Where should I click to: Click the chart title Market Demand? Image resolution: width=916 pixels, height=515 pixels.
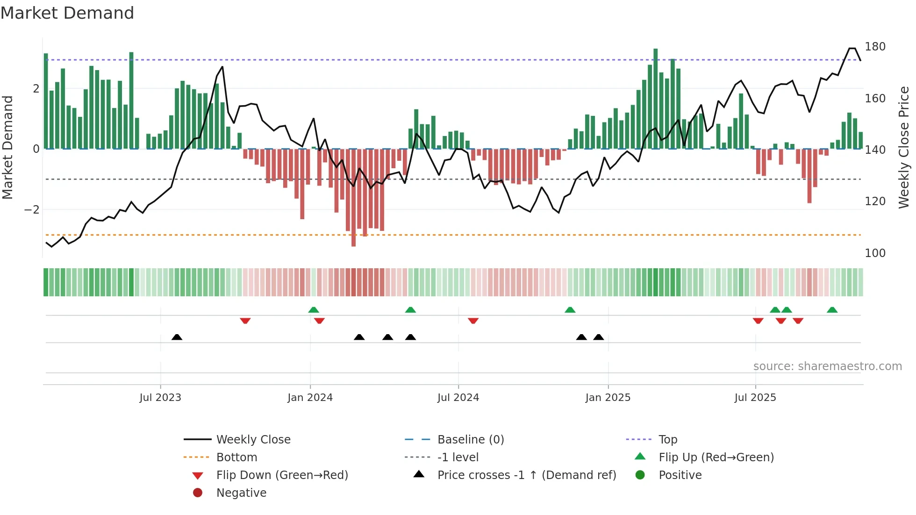(x=67, y=13)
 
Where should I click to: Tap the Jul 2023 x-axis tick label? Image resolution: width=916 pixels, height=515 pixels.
(x=160, y=398)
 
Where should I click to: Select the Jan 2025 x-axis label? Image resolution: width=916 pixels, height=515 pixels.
(x=608, y=398)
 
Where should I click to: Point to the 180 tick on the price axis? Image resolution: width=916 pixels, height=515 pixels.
(x=875, y=47)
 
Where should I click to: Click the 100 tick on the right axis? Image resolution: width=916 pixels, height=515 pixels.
(x=875, y=253)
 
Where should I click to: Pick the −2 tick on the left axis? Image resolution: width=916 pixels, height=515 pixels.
(x=32, y=210)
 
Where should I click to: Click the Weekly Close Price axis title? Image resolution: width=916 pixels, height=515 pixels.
(x=904, y=147)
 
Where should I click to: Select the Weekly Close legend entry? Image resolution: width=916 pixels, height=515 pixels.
(x=253, y=440)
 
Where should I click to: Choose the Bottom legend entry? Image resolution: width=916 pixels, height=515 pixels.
(x=236, y=458)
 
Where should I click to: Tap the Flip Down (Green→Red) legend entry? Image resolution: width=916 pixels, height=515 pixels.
(x=282, y=475)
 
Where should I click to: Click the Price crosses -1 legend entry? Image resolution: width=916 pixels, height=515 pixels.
(x=526, y=475)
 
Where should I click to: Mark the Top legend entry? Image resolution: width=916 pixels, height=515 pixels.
(x=668, y=440)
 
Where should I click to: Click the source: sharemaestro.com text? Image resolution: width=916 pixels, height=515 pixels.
(x=827, y=366)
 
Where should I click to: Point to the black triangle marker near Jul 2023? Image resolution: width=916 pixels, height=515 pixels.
(x=177, y=337)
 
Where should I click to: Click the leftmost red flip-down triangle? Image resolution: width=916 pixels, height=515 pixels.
(x=245, y=321)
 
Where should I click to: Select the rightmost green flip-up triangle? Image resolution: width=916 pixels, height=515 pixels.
(x=832, y=310)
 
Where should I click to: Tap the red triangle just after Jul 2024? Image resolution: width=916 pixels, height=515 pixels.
(x=473, y=321)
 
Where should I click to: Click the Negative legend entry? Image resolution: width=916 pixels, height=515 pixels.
(x=241, y=493)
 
